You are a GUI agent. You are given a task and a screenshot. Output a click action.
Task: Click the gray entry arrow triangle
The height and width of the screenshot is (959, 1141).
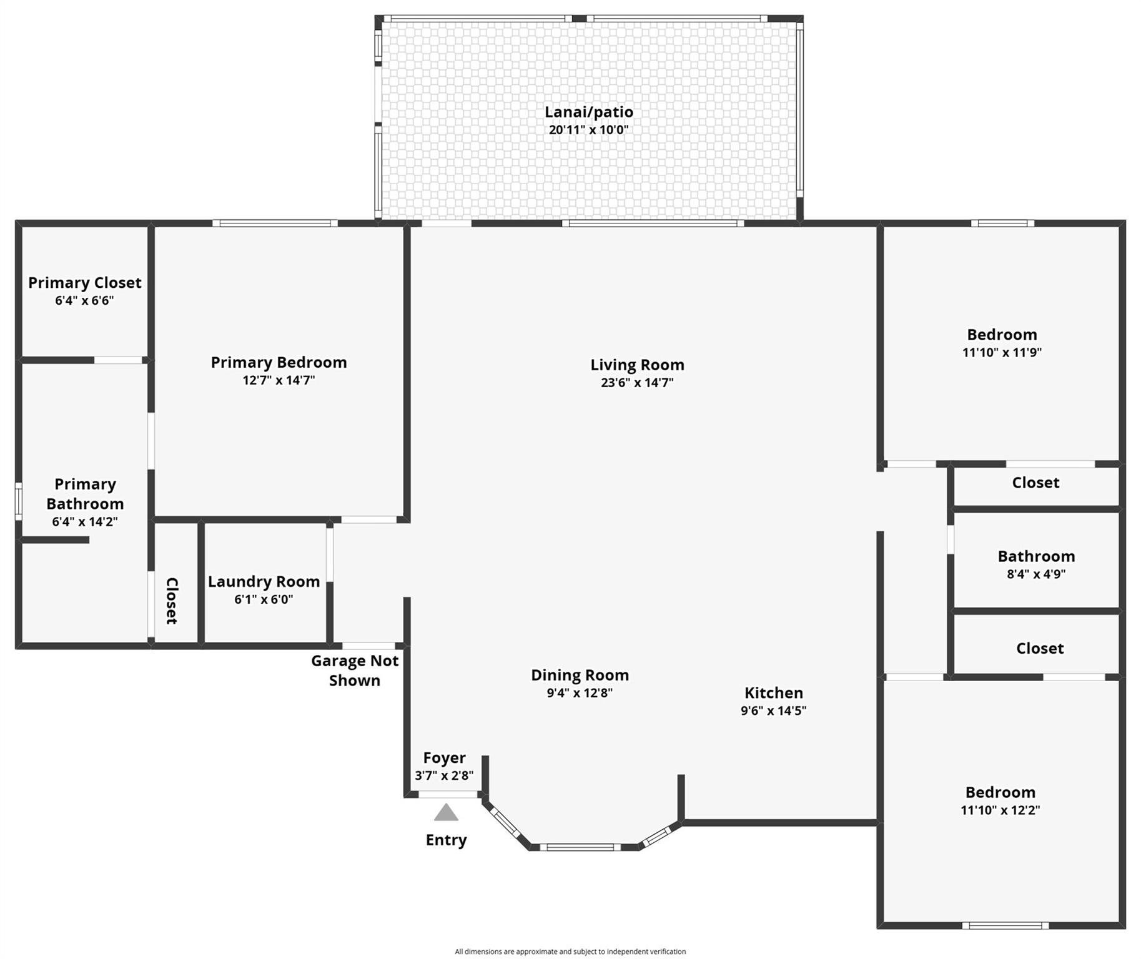[x=446, y=813]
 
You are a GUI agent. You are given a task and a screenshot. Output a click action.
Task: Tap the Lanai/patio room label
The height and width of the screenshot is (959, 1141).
[x=588, y=112]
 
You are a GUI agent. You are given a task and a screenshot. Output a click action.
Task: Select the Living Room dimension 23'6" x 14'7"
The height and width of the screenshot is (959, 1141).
[x=636, y=383]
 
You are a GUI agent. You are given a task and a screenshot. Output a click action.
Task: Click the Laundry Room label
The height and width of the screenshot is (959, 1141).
[x=264, y=582]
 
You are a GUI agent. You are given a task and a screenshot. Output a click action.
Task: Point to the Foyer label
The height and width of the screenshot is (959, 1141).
[x=444, y=758]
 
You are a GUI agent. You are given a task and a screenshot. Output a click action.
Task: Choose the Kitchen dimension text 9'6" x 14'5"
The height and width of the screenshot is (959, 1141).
[x=773, y=711]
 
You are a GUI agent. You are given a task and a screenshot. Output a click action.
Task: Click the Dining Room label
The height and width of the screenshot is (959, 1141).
[x=580, y=676]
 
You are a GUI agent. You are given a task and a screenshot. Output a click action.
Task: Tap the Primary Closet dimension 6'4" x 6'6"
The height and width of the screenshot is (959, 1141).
[x=84, y=301]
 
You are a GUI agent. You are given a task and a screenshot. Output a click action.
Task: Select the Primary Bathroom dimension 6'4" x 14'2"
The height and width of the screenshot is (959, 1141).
[x=84, y=522]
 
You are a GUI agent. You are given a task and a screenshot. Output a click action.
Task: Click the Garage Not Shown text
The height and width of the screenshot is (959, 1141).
[x=354, y=671]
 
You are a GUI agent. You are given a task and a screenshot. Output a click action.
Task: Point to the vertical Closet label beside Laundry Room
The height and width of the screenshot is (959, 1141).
[x=172, y=601]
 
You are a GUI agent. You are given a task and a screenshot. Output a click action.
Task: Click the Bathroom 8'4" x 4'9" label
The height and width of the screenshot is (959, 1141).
[x=1035, y=557]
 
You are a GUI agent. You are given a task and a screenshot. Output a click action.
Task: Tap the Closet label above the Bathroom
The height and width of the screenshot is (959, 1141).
[x=1035, y=483]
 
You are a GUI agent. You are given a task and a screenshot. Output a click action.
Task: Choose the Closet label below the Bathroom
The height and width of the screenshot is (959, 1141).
[x=1039, y=649]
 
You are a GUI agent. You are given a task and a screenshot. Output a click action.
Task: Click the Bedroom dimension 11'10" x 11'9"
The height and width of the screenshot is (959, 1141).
[x=1002, y=353]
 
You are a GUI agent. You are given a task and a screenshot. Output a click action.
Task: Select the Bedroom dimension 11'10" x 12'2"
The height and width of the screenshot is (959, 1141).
[x=1000, y=810]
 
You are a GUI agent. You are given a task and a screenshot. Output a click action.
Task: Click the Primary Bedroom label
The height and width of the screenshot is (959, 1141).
[x=279, y=363]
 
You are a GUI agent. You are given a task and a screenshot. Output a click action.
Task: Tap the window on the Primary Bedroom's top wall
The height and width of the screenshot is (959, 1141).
[x=275, y=224]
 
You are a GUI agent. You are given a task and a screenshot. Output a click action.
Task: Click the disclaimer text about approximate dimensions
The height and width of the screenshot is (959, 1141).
[x=570, y=952]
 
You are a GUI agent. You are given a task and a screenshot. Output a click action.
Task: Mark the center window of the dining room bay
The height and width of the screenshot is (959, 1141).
[x=580, y=847]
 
